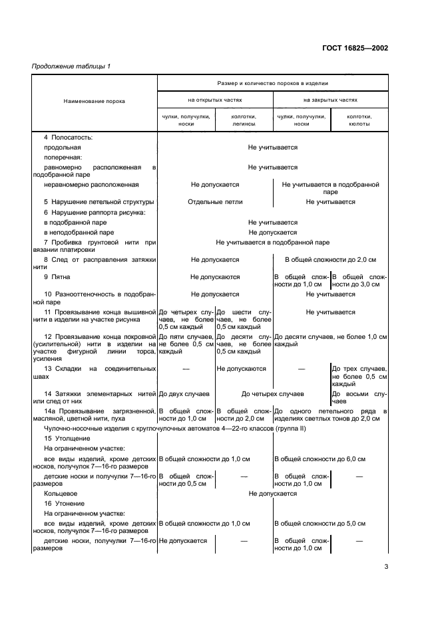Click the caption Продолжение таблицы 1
coord(71,66)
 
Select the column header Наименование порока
coord(94,101)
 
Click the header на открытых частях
coord(214,100)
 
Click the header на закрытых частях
coord(330,100)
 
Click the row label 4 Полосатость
coord(68,138)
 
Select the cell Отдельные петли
coord(215,202)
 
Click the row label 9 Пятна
coord(59,276)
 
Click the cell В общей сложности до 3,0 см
coord(359,280)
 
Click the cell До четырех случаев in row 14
coord(272,394)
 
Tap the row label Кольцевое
coord(61,494)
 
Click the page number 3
coord(385,567)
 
